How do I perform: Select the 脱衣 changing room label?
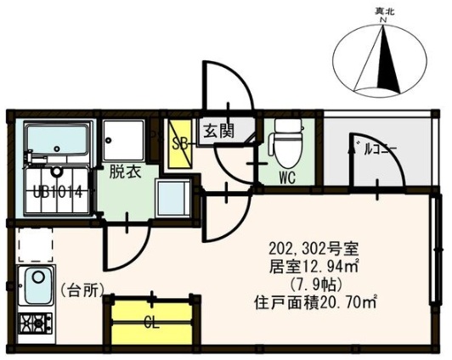pos(121,168)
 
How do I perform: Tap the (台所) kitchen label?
pos(84,289)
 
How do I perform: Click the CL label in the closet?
pos(152,321)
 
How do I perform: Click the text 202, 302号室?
pos(313,248)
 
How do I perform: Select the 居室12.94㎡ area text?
pos(312,266)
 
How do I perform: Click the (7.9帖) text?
pos(313,284)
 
